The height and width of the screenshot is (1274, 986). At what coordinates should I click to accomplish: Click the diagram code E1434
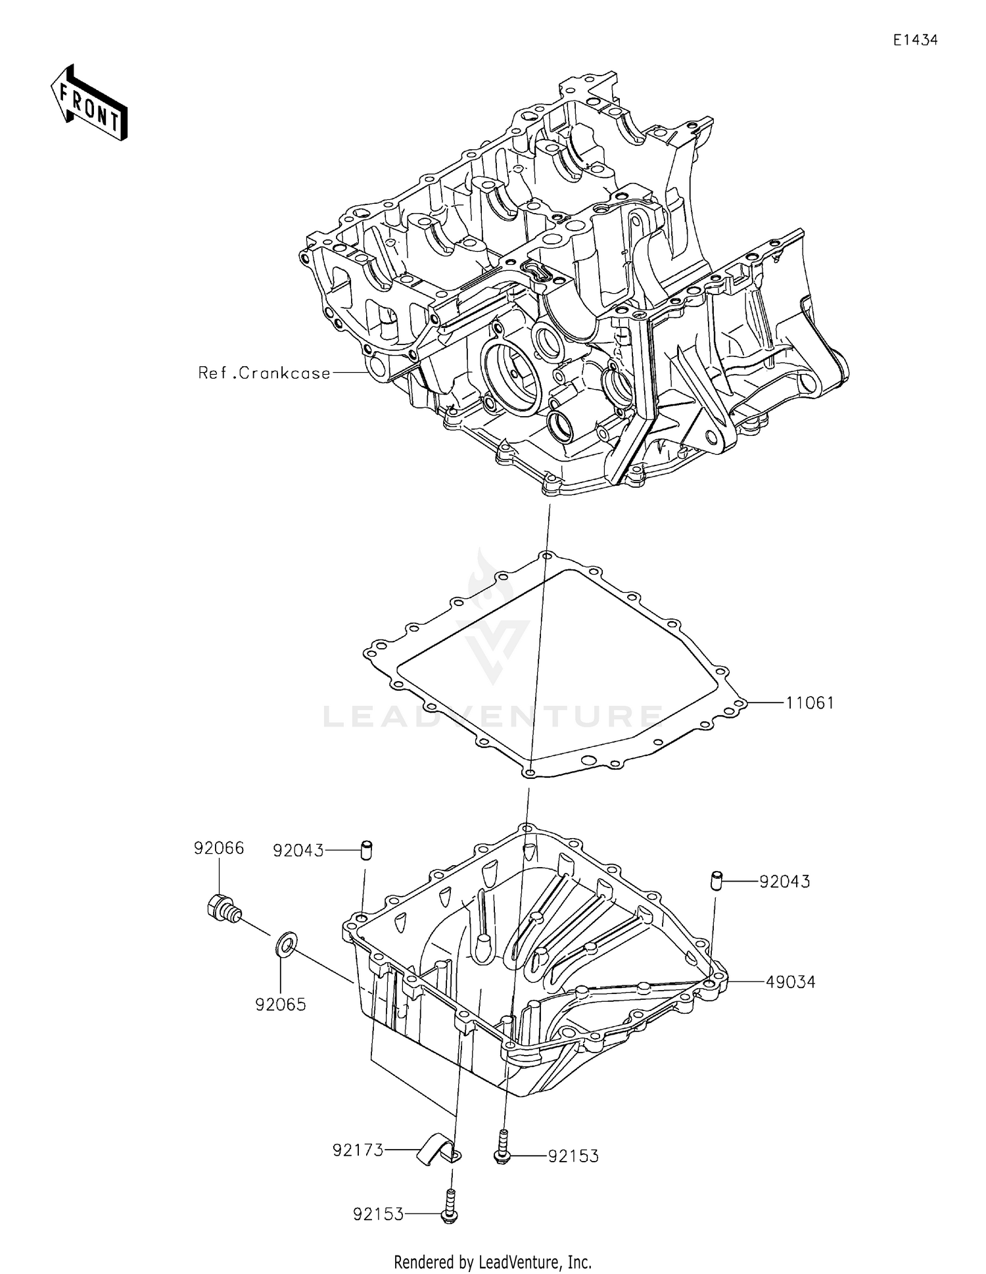point(914,40)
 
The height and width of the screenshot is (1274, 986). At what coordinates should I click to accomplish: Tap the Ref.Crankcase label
point(264,373)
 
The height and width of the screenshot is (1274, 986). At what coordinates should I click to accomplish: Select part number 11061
point(810,703)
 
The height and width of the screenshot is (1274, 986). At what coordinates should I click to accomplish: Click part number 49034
point(791,982)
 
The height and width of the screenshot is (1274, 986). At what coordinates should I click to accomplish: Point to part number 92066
point(218,848)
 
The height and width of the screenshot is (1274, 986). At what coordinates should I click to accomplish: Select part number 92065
point(281,1004)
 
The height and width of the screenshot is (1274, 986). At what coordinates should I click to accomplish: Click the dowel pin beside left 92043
point(366,849)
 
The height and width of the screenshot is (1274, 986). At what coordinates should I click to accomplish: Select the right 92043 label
point(785,882)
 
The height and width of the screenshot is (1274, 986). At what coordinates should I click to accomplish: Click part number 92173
point(358,1150)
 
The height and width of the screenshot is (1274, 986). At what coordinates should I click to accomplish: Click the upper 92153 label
point(573,1156)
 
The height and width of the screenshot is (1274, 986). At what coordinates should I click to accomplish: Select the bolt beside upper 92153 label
point(502,1147)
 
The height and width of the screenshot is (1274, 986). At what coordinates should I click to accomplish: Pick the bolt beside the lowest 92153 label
point(450,1207)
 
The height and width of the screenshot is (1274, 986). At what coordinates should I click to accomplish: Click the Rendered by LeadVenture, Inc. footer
point(492,1262)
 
